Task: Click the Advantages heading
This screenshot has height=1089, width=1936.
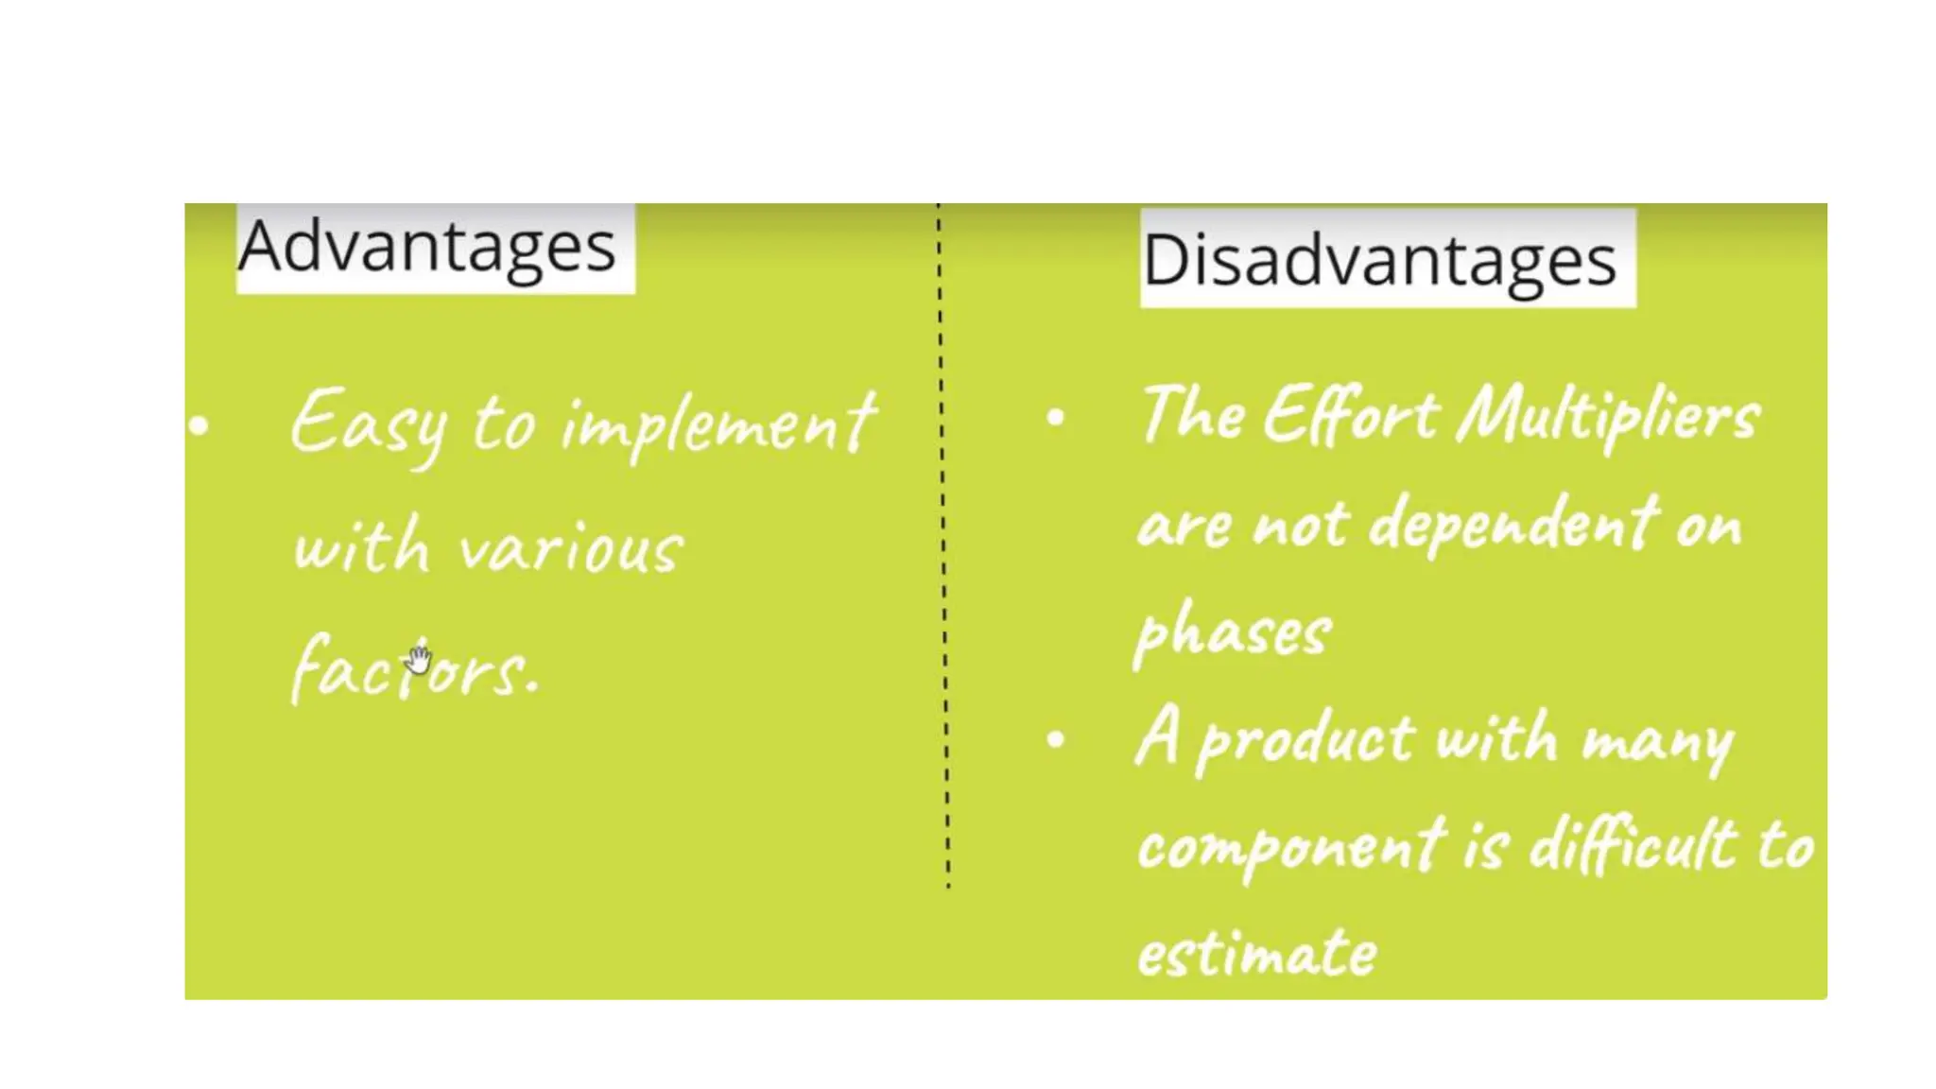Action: [x=427, y=247]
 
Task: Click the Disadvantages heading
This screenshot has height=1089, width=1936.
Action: [x=1380, y=260]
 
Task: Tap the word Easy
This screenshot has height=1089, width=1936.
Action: [x=369, y=425]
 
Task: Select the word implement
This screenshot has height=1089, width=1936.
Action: [x=718, y=425]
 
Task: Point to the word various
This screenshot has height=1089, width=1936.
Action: [x=570, y=549]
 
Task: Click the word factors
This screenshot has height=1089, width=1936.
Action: [x=414, y=668]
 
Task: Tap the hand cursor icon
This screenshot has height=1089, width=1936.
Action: [x=420, y=658]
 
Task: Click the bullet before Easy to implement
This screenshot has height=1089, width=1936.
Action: [x=199, y=425]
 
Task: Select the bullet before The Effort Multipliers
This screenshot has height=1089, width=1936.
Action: [x=1056, y=417]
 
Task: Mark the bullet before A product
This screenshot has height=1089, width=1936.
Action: [x=1056, y=739]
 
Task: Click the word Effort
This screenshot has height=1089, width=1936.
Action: [x=1352, y=416]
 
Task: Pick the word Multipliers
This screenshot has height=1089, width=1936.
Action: [x=1607, y=417]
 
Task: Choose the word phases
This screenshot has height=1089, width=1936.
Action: [x=1234, y=632]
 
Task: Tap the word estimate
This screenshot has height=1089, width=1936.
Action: [x=1257, y=953]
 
